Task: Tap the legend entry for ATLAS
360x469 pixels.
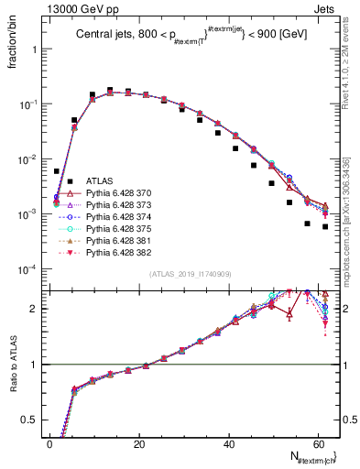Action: (100, 181)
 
